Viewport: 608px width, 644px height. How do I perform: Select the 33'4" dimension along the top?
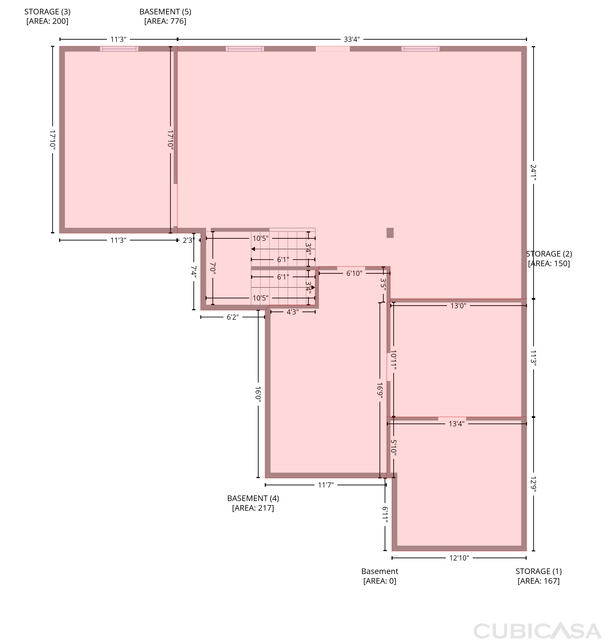[352, 39]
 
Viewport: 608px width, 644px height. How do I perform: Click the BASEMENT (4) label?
[253, 503]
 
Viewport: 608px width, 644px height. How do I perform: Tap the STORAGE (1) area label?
[539, 576]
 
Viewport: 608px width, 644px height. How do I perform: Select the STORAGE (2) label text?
[549, 258]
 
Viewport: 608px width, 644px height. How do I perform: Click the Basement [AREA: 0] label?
[380, 576]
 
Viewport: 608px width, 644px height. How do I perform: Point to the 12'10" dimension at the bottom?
[459, 558]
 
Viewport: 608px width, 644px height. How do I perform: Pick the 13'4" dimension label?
[456, 424]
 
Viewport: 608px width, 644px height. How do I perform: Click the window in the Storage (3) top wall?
[119, 49]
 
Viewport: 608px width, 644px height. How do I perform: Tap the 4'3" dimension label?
[293, 312]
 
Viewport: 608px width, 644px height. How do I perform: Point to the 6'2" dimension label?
[233, 317]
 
